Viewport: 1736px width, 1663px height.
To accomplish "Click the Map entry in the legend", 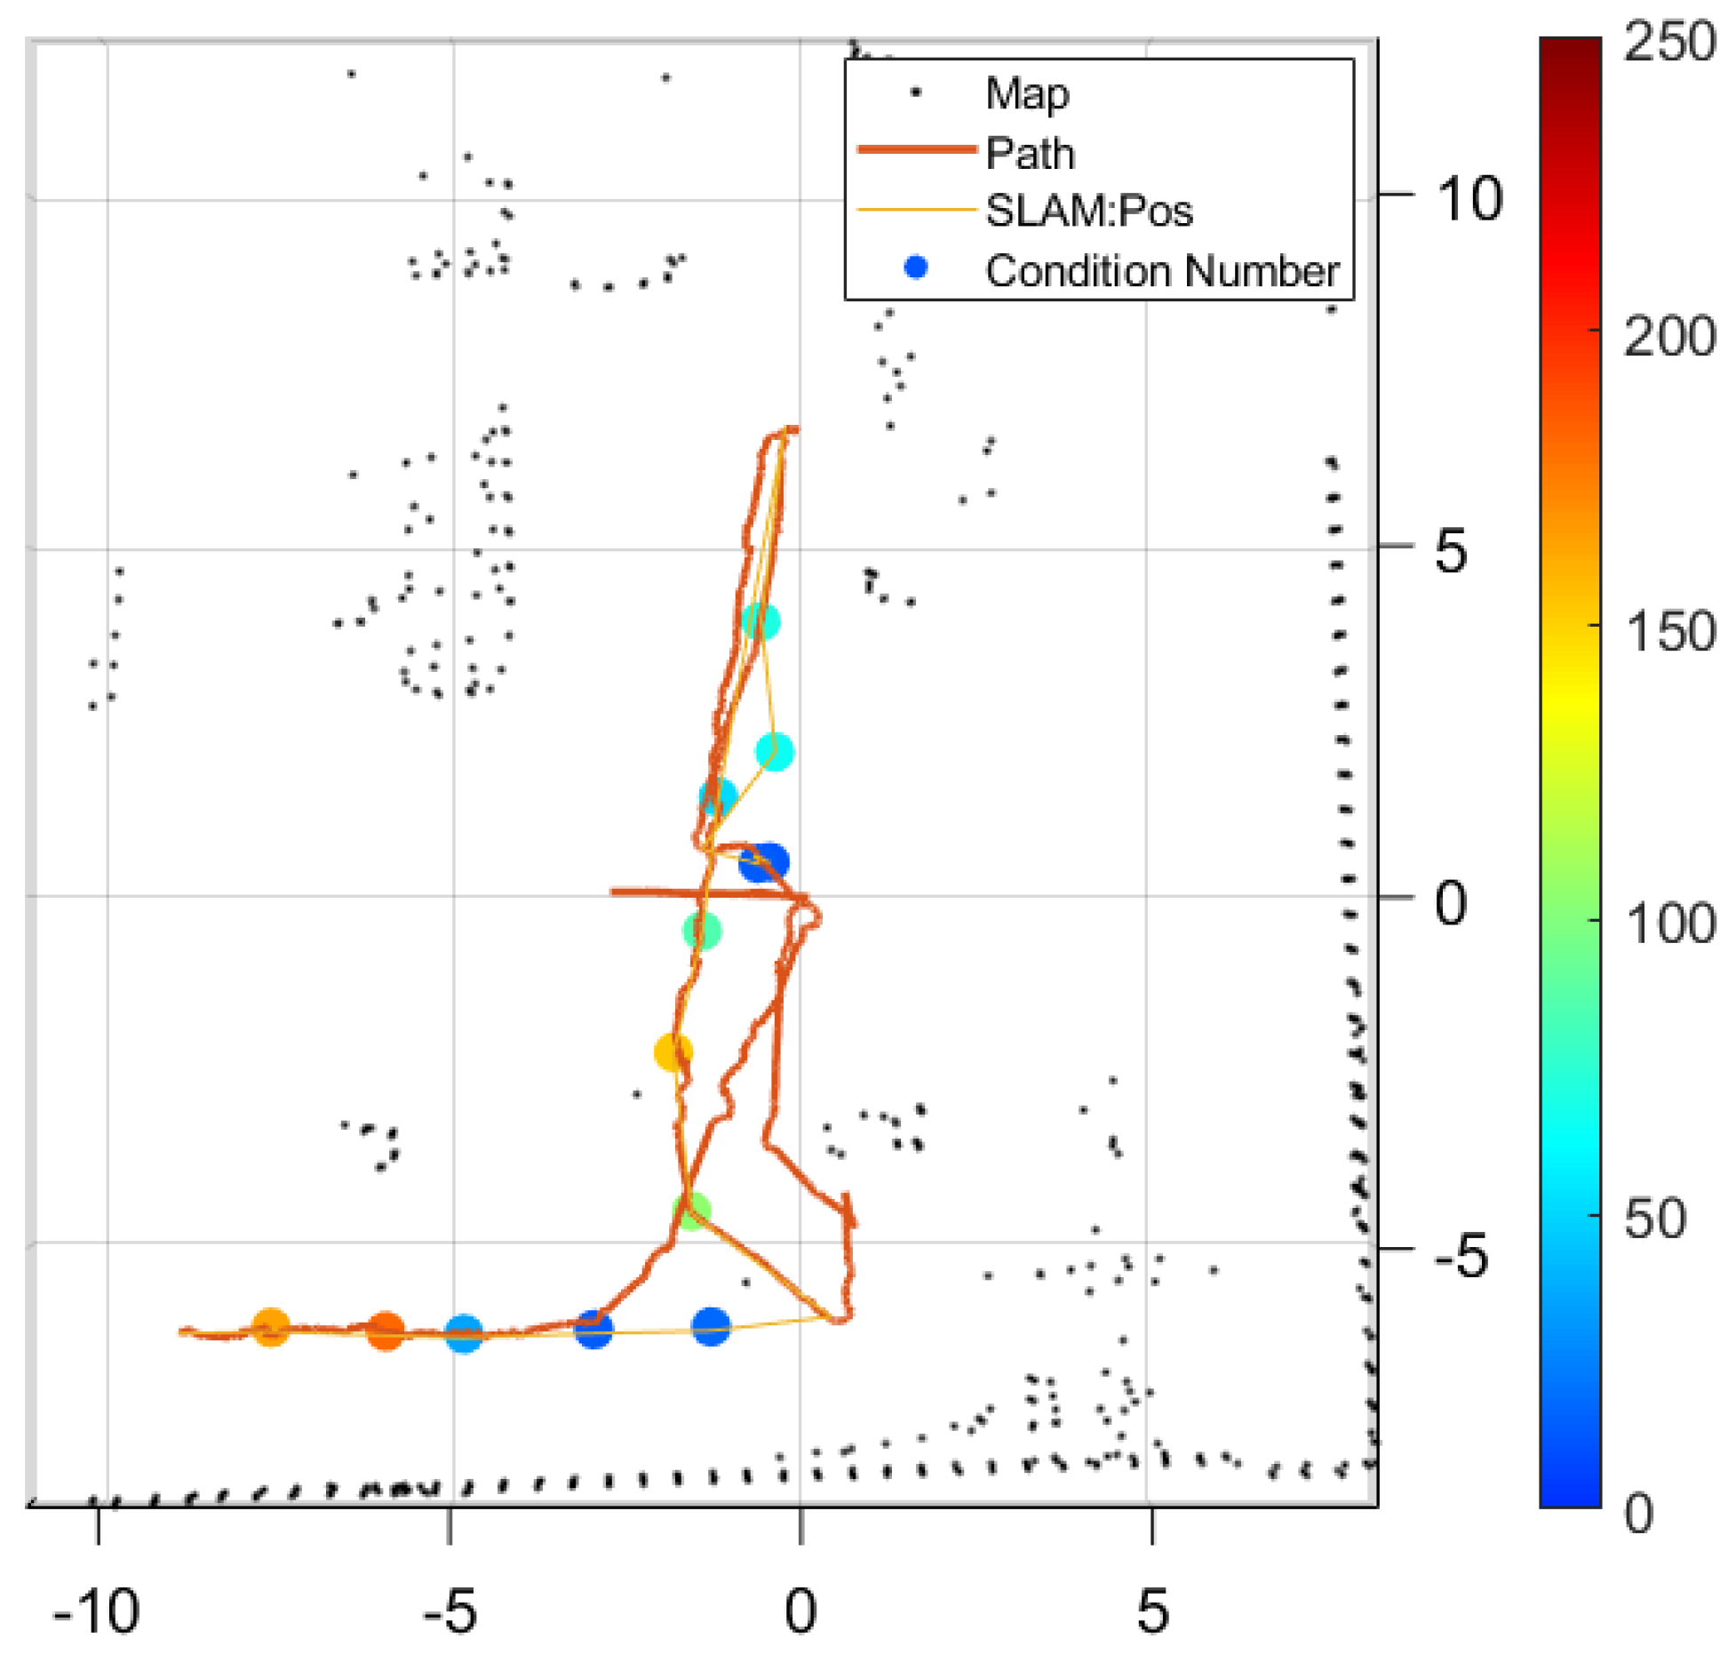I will point(1026,93).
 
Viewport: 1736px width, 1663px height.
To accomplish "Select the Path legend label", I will point(1030,153).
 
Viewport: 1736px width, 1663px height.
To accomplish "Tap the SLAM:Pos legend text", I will point(1088,212).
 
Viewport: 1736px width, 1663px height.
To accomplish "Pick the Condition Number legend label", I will point(1161,270).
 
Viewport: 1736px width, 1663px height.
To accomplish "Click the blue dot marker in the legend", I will point(915,268).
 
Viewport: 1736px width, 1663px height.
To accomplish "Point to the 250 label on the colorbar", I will point(1668,43).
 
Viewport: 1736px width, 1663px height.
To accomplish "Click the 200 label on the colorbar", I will point(1668,338).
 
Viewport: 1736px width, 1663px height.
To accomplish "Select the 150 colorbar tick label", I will point(1668,632).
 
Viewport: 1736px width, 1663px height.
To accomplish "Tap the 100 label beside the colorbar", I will point(1668,924).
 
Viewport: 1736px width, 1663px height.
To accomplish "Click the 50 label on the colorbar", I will point(1654,1219).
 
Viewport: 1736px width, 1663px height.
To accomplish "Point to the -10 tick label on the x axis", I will point(96,1611).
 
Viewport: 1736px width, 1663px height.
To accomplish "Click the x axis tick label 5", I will point(1151,1611).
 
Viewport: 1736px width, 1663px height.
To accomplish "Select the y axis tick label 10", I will point(1469,198).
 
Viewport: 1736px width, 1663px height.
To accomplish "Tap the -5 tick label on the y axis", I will point(1460,1257).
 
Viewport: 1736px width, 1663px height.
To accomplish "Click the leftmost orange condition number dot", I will point(271,1328).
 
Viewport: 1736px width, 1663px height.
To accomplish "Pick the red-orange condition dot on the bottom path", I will point(386,1331).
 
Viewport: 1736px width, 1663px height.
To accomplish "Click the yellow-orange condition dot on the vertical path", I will point(673,1052).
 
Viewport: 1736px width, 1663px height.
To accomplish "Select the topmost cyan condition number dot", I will point(760,620).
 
